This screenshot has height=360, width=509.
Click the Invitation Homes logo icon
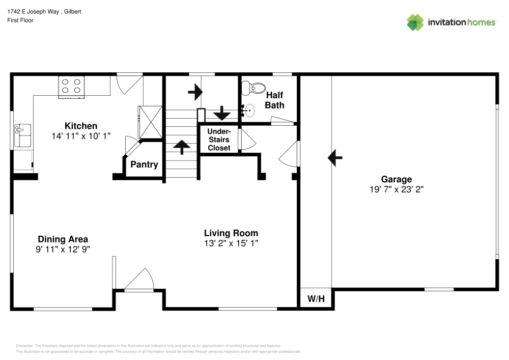tap(415, 22)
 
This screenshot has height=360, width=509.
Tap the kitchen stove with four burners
tap(71, 86)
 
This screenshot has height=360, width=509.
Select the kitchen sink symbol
tap(23, 135)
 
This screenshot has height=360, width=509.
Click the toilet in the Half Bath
tap(253, 89)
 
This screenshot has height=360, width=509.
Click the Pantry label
tap(144, 164)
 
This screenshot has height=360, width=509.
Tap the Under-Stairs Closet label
tap(219, 140)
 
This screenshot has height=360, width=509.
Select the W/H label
tap(316, 298)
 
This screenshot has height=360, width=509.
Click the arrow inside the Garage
tap(334, 158)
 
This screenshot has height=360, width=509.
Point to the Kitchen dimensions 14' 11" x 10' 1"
tap(81, 136)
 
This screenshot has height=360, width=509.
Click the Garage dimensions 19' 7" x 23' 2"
tap(397, 189)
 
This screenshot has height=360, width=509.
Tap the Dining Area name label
tap(63, 239)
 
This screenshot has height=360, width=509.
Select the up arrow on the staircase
tap(181, 146)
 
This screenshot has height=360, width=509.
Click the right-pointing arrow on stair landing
tap(195, 92)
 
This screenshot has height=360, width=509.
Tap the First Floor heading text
tap(20, 20)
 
